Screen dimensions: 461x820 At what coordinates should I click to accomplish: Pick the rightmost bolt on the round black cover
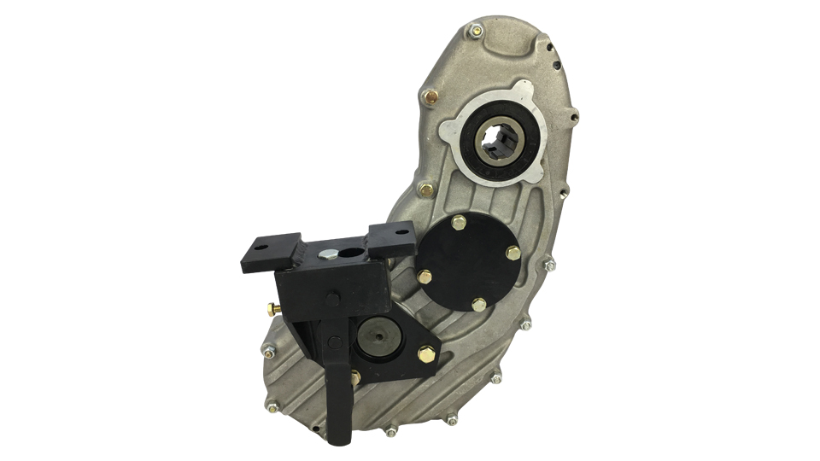(512, 253)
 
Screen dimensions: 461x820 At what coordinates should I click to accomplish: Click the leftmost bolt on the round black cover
(425, 276)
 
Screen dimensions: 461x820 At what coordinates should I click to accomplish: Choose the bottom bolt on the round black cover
(477, 304)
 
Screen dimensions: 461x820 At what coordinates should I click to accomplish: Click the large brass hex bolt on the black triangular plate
(425, 353)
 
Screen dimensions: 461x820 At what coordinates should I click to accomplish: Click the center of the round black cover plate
(470, 263)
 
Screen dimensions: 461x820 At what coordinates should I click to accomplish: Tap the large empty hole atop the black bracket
(352, 254)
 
